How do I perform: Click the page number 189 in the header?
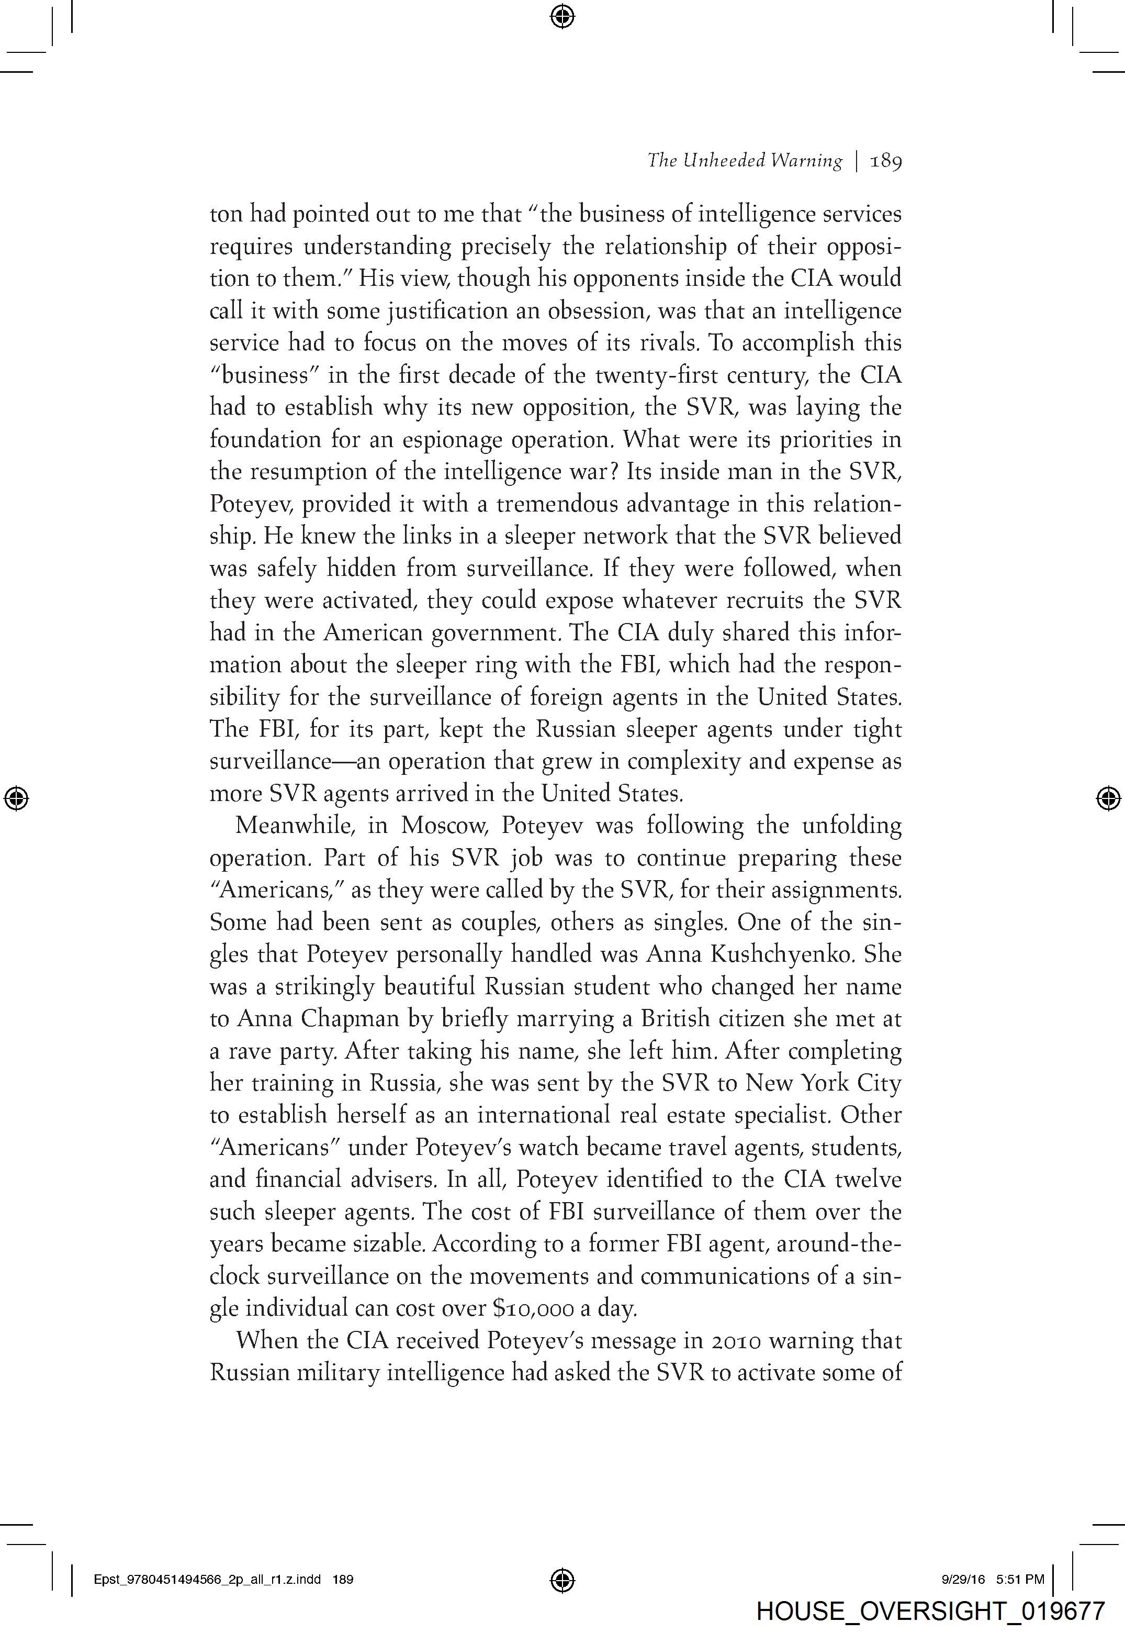[x=886, y=161]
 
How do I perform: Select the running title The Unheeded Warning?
[x=745, y=161]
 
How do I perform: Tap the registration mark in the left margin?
[x=16, y=798]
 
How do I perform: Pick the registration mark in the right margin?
[x=1109, y=798]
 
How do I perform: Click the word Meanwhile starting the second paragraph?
[x=297, y=826]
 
